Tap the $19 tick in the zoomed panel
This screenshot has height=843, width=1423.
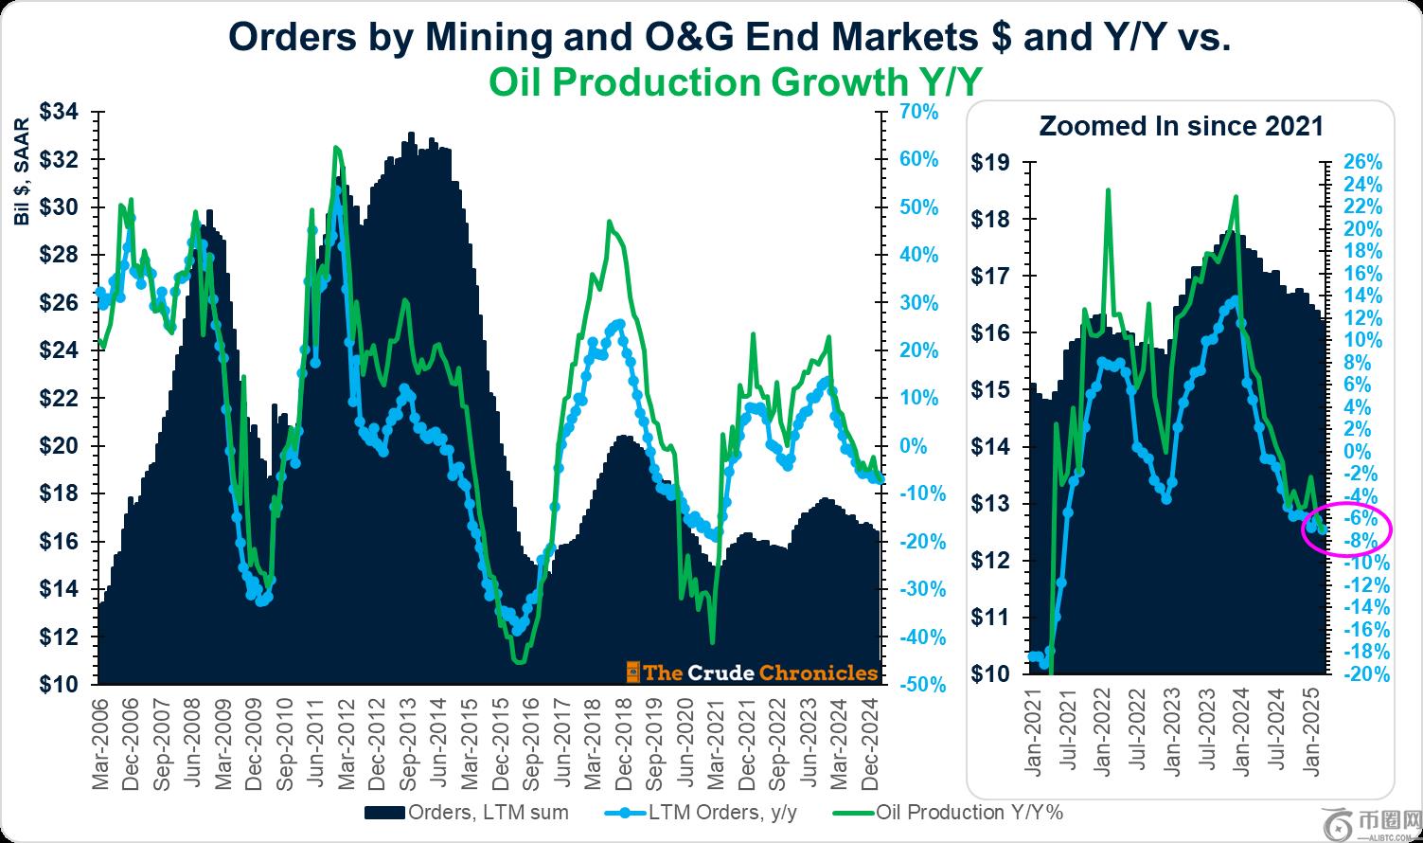click(990, 162)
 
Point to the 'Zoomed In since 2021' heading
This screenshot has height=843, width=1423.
click(1181, 126)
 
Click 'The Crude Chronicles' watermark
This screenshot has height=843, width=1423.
click(753, 673)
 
